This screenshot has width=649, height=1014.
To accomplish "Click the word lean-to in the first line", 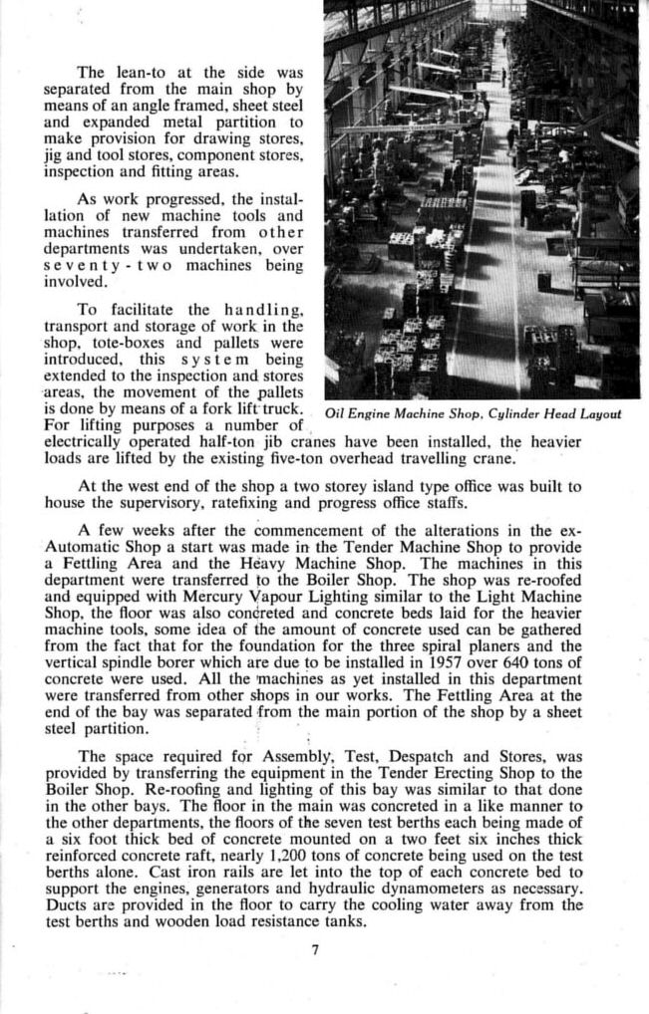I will [x=137, y=72].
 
